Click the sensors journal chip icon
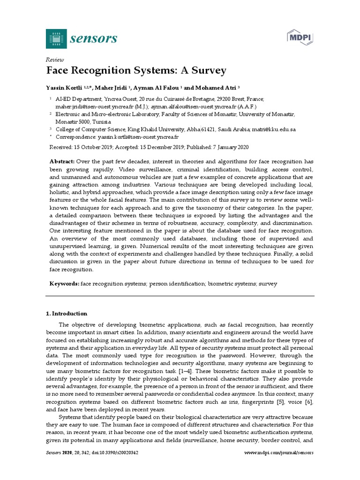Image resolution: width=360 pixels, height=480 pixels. [56, 38]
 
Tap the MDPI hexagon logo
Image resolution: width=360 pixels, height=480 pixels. [300, 37]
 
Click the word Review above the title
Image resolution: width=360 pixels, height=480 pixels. [54, 60]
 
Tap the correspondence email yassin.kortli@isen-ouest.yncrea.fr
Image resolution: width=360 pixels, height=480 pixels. [138, 137]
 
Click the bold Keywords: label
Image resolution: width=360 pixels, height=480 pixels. [64, 284]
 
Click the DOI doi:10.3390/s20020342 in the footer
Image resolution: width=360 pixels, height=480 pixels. [116, 453]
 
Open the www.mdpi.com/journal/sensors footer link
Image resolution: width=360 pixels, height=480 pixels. [279, 453]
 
